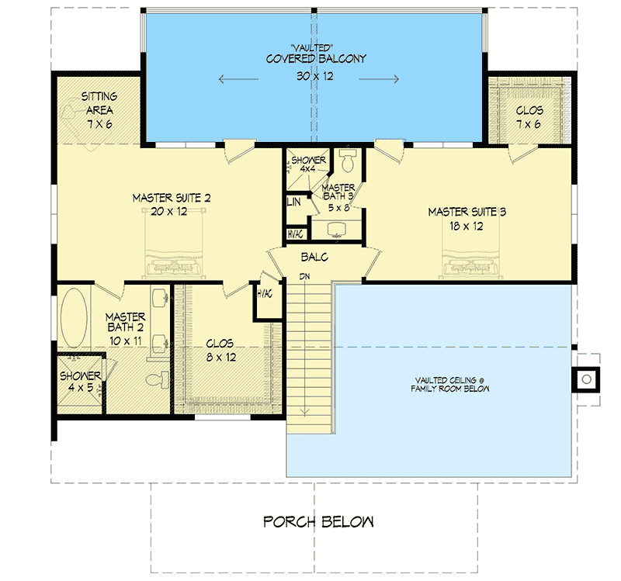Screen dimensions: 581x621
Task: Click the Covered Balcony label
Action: point(315,59)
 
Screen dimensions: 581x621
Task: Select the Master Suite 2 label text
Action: point(172,199)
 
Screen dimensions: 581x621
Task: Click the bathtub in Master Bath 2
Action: point(75,319)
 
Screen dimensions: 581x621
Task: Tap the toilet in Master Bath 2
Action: point(158,378)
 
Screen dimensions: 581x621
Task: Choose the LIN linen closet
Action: point(293,201)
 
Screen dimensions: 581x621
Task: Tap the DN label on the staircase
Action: point(307,277)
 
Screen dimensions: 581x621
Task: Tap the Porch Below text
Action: point(318,521)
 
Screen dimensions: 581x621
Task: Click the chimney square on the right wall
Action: point(587,379)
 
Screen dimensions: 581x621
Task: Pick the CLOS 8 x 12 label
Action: point(220,350)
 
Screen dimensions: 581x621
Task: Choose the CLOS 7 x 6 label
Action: point(530,116)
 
